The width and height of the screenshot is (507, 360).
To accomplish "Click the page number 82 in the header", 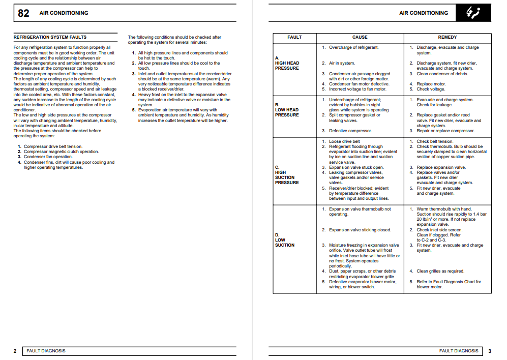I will point(23,13).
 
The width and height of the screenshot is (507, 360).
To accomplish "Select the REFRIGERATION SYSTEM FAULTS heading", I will point(50,37).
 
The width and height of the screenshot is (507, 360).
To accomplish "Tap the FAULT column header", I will point(294,37).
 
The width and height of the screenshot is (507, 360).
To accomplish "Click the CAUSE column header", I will point(360,37).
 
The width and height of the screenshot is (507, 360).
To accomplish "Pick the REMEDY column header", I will point(448,37).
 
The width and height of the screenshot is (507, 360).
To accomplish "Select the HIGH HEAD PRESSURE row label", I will point(287,63).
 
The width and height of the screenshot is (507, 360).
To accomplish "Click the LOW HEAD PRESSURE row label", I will point(287,110).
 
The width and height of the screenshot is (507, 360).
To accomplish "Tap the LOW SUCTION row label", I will point(285,240).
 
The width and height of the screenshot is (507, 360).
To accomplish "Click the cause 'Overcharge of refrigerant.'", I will point(353,47).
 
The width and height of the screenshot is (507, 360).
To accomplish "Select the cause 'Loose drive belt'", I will point(344,141).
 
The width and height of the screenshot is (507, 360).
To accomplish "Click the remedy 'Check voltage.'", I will point(431,89).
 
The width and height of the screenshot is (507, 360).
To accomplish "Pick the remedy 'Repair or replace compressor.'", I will point(445,131).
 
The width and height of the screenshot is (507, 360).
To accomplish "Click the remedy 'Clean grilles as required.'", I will point(440,271).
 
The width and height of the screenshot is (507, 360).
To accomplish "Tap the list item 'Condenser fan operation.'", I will point(48,157).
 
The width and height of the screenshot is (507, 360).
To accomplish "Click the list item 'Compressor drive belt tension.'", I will point(53,146).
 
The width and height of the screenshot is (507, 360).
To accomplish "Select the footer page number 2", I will point(15,351).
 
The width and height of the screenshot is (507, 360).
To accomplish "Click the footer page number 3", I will point(489,351).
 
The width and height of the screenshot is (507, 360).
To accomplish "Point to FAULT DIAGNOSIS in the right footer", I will point(459,351).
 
